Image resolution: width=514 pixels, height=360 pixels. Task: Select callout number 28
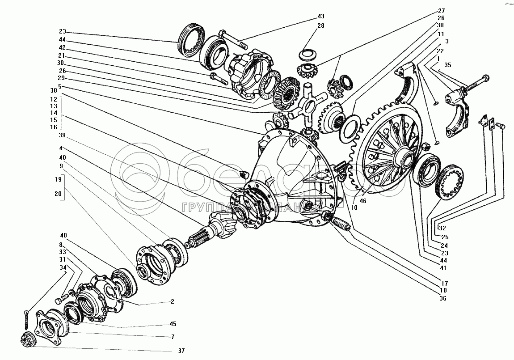pos(320,25)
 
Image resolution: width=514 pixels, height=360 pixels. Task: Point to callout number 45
pos(173,324)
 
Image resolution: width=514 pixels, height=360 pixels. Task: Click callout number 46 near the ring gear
pos(362,201)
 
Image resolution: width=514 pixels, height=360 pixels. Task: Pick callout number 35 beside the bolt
pos(448,65)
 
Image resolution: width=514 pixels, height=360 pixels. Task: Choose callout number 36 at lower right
pos(442,298)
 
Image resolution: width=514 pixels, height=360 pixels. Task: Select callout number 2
pos(172,302)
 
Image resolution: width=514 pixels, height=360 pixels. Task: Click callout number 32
pos(442,227)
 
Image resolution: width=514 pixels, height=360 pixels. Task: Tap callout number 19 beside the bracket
pos(58,179)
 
